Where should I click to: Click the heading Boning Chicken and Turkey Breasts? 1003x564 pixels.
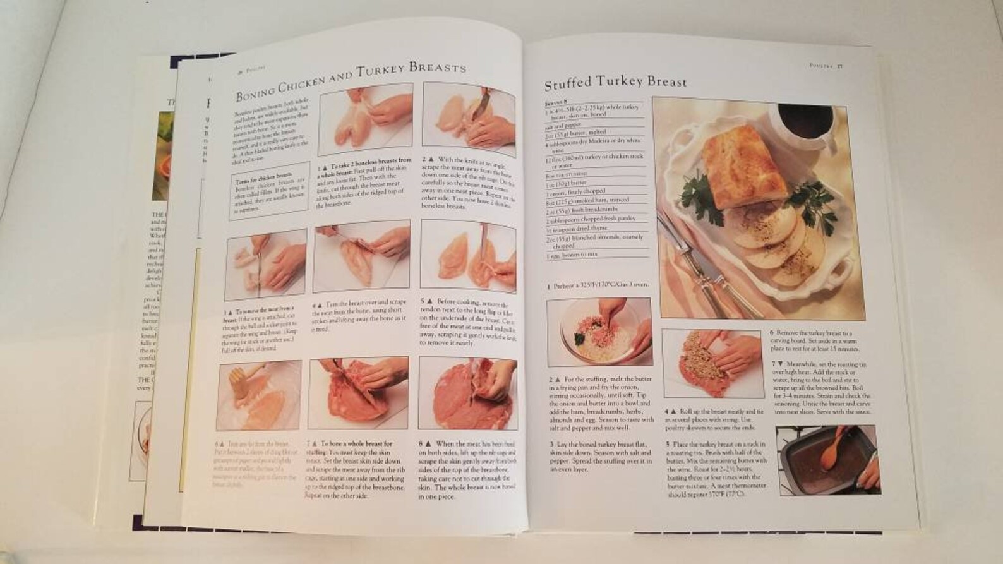[x=351, y=80]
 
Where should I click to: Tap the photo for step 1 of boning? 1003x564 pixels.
[x=365, y=124]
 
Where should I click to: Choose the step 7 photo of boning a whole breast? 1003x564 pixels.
[x=357, y=393]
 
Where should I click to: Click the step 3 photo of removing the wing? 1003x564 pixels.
[x=266, y=264]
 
